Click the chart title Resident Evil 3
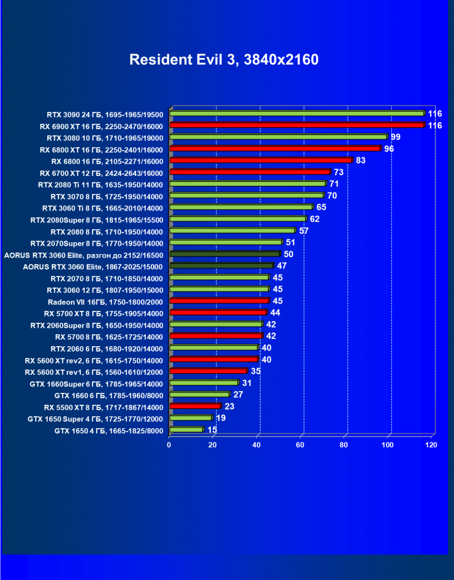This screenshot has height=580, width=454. (x=224, y=60)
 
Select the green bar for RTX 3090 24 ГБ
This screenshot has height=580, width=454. (x=297, y=113)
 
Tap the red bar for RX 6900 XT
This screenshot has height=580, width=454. (x=297, y=125)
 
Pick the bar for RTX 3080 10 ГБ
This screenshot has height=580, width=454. (x=278, y=137)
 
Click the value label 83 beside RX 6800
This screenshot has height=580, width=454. (x=360, y=160)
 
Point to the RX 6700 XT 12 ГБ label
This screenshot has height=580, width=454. (x=102, y=172)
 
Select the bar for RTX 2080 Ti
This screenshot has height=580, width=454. (x=247, y=184)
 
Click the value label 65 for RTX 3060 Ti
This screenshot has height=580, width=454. (x=321, y=207)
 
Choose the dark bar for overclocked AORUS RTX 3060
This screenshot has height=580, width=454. (x=225, y=254)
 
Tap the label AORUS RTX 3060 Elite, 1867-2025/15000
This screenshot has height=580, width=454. (x=93, y=266)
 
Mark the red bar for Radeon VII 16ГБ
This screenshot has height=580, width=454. (x=219, y=301)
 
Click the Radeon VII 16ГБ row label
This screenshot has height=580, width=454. (x=106, y=301)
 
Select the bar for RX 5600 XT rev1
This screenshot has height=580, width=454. (x=208, y=371)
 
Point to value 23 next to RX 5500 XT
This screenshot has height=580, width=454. (x=229, y=407)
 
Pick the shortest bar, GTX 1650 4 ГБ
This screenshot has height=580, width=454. (x=186, y=430)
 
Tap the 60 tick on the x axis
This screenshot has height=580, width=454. (x=300, y=445)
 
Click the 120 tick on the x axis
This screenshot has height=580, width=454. (x=431, y=445)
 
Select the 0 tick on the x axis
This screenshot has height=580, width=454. (x=170, y=445)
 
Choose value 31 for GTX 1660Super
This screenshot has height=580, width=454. (x=247, y=383)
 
